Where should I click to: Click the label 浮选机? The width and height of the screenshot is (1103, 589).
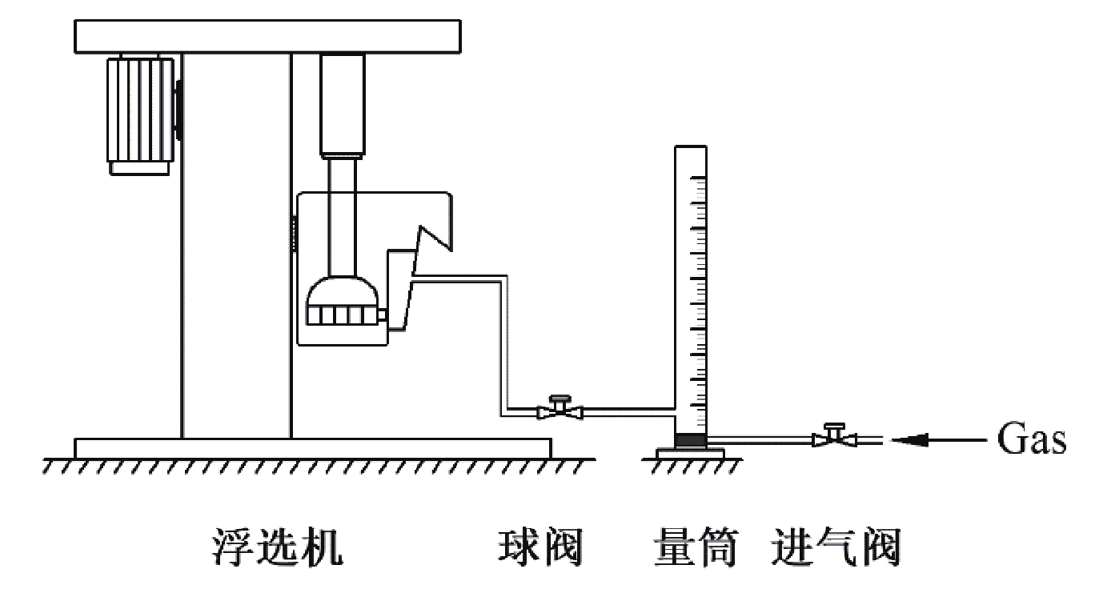[277, 547]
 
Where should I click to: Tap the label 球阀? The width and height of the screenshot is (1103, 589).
[540, 547]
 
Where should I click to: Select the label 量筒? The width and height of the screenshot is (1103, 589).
[696, 547]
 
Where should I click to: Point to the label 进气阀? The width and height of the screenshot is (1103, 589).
[836, 547]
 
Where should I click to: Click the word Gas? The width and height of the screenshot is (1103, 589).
[1032, 439]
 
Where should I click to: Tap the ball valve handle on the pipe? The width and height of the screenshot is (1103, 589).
[560, 399]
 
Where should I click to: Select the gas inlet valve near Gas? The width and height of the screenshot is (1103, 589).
[834, 435]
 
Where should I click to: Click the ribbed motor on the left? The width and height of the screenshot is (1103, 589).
[141, 110]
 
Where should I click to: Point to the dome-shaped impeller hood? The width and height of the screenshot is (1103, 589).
[343, 292]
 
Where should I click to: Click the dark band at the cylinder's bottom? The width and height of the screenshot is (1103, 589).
[690, 440]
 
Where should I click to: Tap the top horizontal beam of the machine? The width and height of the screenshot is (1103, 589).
[267, 37]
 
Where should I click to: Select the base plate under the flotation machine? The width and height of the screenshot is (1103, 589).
[313, 448]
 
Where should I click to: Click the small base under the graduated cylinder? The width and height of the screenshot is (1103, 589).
[690, 453]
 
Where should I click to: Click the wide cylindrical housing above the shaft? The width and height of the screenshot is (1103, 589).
[343, 105]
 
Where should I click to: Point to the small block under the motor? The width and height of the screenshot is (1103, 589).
[139, 168]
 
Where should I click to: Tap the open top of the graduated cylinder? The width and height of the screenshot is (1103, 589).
[691, 146]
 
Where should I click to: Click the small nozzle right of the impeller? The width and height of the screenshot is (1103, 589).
[382, 315]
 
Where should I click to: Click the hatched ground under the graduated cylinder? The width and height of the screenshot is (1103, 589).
[692, 466]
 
